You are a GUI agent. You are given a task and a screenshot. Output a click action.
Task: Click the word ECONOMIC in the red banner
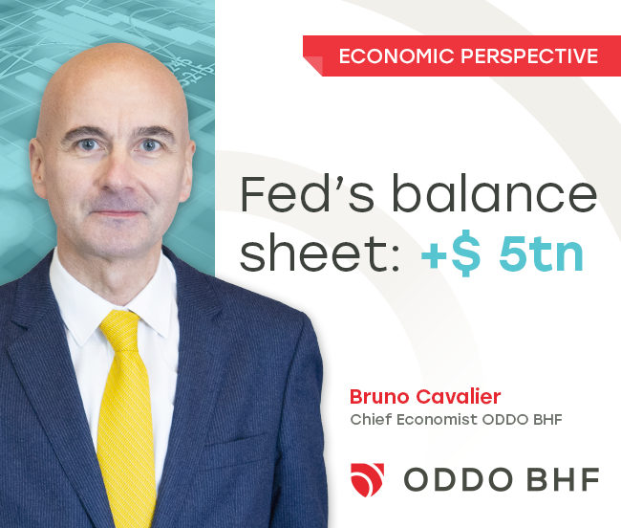[396, 55]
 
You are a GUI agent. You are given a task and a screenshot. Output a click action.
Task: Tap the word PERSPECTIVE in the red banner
[529, 55]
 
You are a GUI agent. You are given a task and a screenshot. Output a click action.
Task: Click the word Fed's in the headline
[307, 194]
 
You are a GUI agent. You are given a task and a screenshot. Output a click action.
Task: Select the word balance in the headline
[494, 194]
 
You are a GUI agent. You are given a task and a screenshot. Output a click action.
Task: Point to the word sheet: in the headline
[319, 253]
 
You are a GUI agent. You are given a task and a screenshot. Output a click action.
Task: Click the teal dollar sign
[466, 253]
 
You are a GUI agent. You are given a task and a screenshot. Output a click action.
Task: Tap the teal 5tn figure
[541, 253]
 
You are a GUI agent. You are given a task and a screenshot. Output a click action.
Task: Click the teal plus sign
[436, 254]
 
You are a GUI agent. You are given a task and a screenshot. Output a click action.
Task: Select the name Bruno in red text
[379, 396]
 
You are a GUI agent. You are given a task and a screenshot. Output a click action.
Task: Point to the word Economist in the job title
[438, 419]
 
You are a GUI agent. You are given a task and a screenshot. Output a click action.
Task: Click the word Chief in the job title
[371, 419]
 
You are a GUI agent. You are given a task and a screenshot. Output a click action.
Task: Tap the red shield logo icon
[367, 479]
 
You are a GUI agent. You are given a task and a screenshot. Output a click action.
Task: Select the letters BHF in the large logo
[563, 479]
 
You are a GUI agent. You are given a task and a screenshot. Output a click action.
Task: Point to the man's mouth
[118, 213]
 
